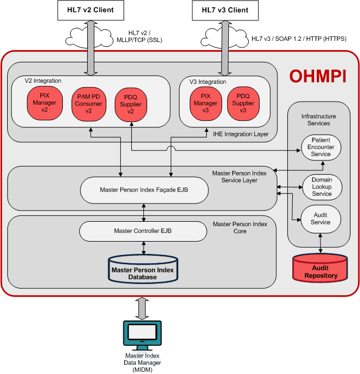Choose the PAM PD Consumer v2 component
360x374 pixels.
coord(88,103)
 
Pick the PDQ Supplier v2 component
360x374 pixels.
coord(131,104)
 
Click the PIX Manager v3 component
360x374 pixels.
coord(202,103)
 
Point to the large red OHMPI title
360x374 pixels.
coord(318,76)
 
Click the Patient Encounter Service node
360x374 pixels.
coord(321,147)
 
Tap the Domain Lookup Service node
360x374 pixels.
coord(321,187)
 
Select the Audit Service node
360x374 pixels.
coord(321,218)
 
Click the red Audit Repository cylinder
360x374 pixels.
coord(320,267)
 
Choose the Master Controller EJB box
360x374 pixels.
coord(143,231)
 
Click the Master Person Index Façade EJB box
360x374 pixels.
coord(144,190)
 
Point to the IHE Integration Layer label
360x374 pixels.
coord(244,133)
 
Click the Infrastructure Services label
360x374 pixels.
coord(319,120)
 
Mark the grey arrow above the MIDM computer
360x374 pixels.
coord(142,308)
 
